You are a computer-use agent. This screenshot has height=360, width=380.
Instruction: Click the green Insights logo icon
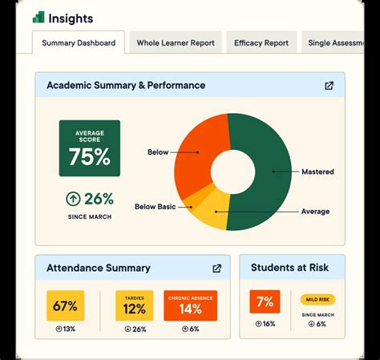click(38, 17)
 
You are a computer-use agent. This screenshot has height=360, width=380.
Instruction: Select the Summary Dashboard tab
click(79, 42)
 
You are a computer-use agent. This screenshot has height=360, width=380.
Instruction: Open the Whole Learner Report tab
click(176, 42)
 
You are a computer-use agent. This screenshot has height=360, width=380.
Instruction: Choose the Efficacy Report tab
click(261, 42)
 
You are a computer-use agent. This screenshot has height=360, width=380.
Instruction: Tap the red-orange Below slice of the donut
click(200, 144)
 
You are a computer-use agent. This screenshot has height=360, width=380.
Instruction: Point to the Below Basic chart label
click(155, 207)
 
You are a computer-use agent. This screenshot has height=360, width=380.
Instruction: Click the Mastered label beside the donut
click(317, 172)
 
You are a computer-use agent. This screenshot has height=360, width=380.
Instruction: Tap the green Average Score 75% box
click(89, 148)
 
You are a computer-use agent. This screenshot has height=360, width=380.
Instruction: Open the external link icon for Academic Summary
click(329, 86)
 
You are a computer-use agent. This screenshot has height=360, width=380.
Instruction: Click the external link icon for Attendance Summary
click(216, 269)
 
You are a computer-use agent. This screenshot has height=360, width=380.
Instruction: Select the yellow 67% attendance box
click(66, 306)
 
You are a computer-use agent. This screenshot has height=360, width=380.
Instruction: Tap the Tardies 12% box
click(134, 305)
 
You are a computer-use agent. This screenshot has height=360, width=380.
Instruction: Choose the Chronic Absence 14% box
click(190, 305)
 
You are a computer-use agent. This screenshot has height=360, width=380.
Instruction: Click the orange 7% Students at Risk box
click(265, 302)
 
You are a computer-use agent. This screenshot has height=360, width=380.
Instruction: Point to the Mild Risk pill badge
click(317, 300)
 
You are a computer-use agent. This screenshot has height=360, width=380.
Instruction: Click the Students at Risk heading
click(292, 268)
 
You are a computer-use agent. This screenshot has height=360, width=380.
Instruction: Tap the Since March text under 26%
click(89, 217)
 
